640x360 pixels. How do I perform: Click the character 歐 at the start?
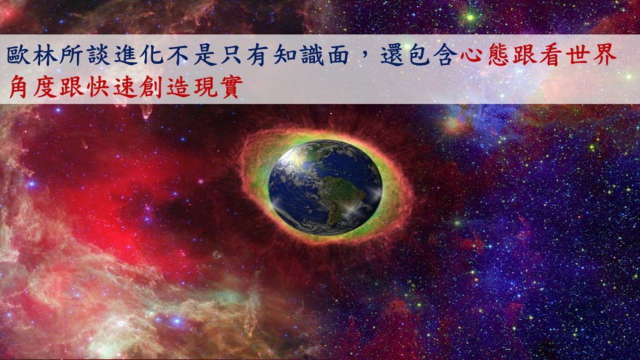[x=18, y=55]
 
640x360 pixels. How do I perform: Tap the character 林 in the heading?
[x=45, y=55]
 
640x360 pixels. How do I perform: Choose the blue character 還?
[x=392, y=55]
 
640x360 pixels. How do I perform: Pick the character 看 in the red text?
[x=552, y=55]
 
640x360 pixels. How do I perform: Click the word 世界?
[x=591, y=55]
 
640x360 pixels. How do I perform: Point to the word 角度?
[x=33, y=86]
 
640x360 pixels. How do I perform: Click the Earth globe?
[x=325, y=187]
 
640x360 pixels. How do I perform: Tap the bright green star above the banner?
[x=470, y=17]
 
